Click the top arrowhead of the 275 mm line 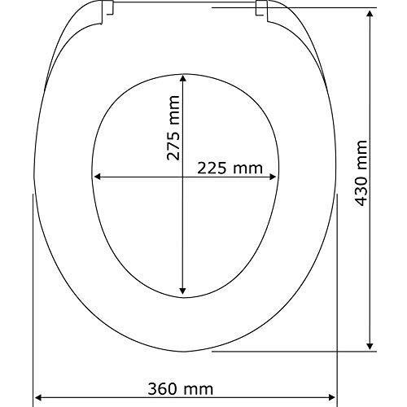click(x=182, y=78)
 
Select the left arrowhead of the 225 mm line click(x=98, y=177)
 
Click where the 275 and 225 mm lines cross click(x=182, y=177)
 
